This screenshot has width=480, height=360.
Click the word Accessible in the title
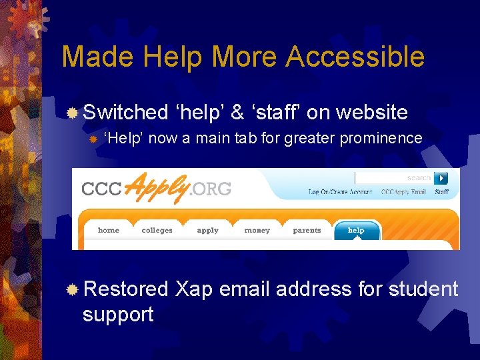click(355, 57)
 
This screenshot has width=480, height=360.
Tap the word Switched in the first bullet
click(126, 112)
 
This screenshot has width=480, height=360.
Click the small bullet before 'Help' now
click(94, 139)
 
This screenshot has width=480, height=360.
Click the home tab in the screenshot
click(109, 231)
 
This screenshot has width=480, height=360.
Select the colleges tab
click(157, 231)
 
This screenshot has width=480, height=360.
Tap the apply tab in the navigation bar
click(207, 231)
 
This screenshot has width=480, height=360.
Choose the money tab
click(257, 231)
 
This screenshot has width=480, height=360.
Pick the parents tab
click(307, 231)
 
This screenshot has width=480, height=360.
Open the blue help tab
click(356, 231)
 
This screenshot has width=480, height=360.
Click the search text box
click(393, 178)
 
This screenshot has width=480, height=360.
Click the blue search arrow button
click(441, 178)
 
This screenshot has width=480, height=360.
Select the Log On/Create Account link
click(340, 192)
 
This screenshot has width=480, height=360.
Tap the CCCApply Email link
click(403, 192)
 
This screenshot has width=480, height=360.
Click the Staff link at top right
click(441, 192)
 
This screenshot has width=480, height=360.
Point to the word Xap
click(193, 289)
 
